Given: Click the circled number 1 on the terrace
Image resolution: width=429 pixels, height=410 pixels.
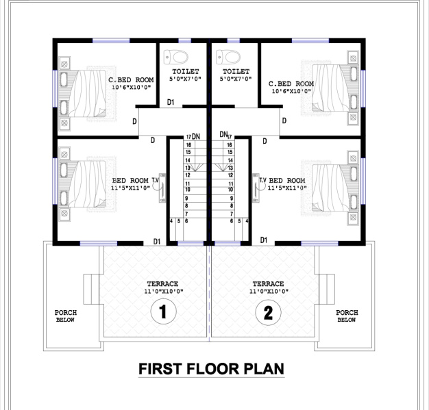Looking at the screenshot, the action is point(163,311).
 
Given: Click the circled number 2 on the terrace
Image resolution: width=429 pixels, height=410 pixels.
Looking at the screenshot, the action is point(268,312).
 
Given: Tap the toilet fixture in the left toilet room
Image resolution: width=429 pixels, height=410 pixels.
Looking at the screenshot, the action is point(176,57).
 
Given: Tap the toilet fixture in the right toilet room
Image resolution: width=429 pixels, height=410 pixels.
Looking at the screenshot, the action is point(228,57).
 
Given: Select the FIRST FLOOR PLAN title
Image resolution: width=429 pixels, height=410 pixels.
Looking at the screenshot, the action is point(211,369).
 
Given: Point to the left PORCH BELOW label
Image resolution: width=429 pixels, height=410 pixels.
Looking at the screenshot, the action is point(66,316).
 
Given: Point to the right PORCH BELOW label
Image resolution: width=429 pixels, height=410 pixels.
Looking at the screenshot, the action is point(347,316).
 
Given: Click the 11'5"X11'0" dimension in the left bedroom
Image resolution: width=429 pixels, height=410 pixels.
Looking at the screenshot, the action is point(130,188).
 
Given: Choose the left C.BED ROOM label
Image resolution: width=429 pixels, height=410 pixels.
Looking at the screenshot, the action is point(131,80).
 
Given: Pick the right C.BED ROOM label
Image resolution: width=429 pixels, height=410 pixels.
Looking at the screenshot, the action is point(291,84).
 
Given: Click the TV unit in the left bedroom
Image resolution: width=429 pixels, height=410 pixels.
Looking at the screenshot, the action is point(162,188).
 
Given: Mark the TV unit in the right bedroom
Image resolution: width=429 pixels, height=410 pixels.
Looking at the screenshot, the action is point(256,188).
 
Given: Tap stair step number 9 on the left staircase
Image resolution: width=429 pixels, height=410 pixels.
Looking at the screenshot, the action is point(186,198).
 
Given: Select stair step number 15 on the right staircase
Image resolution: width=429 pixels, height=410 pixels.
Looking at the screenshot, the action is point(230,152).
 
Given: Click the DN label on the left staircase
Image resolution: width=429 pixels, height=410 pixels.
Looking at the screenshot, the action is point(196,136).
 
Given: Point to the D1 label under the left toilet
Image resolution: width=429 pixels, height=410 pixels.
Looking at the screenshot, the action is point(171,102).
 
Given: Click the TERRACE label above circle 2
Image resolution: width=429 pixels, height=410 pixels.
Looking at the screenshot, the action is point(268,284).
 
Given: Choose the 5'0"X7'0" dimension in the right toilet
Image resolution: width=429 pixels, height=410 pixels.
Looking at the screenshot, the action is point(236,79).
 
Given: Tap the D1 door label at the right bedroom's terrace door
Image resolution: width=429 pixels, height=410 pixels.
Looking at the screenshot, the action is point(263,240).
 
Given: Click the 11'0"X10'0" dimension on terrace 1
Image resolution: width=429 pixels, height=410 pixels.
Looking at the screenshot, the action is point(164,292).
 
